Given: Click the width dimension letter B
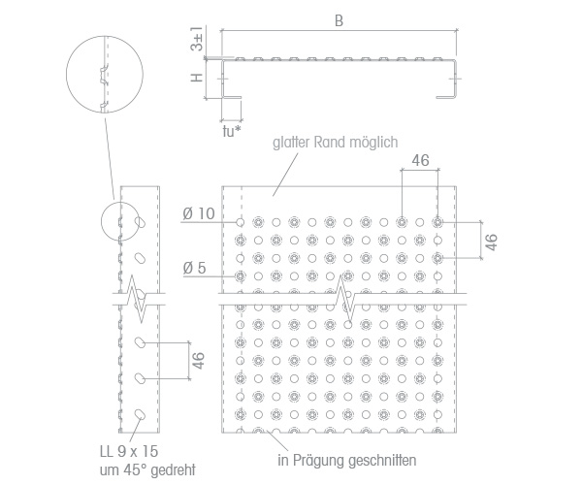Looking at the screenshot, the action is [x=339, y=20].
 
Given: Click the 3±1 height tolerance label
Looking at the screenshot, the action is [x=197, y=39].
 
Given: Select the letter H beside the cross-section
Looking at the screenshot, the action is [x=197, y=78].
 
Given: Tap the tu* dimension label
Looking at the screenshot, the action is [x=232, y=131].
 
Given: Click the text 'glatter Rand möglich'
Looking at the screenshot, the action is [x=336, y=143].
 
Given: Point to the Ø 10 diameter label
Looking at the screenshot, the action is [x=199, y=213].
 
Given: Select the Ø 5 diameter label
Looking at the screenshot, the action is [x=194, y=268].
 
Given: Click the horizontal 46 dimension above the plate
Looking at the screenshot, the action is [x=420, y=160].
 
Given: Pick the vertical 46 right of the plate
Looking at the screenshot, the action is [x=491, y=242].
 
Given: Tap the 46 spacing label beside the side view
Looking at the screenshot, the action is [x=199, y=360].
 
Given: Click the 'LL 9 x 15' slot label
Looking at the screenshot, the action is [x=129, y=451].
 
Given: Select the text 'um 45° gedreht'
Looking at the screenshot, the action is [x=147, y=469].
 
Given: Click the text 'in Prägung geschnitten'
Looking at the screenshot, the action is [x=347, y=461].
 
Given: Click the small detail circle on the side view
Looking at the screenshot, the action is [x=102, y=221].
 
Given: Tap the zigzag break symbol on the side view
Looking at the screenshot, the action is [x=141, y=299].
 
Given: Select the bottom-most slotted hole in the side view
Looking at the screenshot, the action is [x=141, y=414].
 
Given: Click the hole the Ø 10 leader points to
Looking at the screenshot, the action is [x=241, y=222].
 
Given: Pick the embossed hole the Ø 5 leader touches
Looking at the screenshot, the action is [x=241, y=276].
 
